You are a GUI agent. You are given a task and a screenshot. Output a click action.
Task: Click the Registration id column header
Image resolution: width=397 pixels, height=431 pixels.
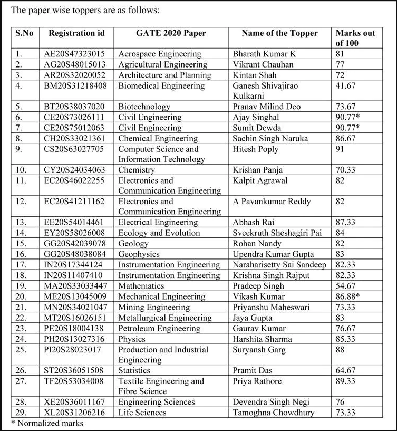(77, 33)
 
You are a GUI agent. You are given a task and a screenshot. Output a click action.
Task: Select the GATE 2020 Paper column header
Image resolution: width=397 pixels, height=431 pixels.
(171, 33)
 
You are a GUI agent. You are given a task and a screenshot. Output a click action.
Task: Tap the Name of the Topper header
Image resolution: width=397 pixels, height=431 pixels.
(279, 33)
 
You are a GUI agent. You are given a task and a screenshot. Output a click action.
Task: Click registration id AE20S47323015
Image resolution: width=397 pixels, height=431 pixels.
(74, 54)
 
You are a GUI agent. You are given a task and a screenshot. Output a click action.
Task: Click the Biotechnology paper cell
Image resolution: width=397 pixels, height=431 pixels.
(144, 107)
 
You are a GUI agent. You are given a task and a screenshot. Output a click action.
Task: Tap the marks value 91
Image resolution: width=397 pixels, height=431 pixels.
(340, 149)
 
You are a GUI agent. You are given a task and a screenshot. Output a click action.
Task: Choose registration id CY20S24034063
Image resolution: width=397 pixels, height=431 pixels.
(74, 170)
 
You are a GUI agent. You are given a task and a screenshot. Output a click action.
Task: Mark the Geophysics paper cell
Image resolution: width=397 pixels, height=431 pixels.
(139, 254)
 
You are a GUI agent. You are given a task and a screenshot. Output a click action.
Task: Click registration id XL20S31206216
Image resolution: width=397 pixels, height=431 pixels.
(74, 413)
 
